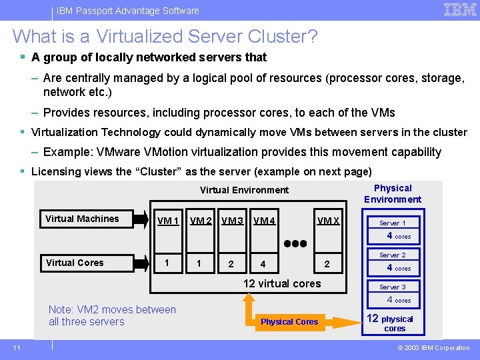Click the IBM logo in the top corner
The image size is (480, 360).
pyautogui.click(x=460, y=10)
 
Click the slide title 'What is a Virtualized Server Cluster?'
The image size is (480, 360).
pyautogui.click(x=165, y=36)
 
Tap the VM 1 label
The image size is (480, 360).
pyautogui.click(x=167, y=221)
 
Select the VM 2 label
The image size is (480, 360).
pyautogui.click(x=201, y=221)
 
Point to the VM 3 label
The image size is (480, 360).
pyautogui.click(x=233, y=221)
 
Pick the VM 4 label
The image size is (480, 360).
pyautogui.click(x=265, y=221)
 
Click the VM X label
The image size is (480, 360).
pyautogui.click(x=328, y=221)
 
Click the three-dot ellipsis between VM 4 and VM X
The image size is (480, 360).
pyautogui.click(x=295, y=243)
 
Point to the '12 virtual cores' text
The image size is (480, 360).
pyautogui.click(x=282, y=283)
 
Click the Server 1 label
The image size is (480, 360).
pyautogui.click(x=393, y=223)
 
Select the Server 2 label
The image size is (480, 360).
pyautogui.click(x=393, y=255)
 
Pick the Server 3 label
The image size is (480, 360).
pyautogui.click(x=393, y=287)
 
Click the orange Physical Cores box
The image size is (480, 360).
pyautogui.click(x=289, y=322)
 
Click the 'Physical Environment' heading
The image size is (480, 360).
pyautogui.click(x=393, y=193)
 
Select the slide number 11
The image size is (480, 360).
pyautogui.click(x=16, y=347)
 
